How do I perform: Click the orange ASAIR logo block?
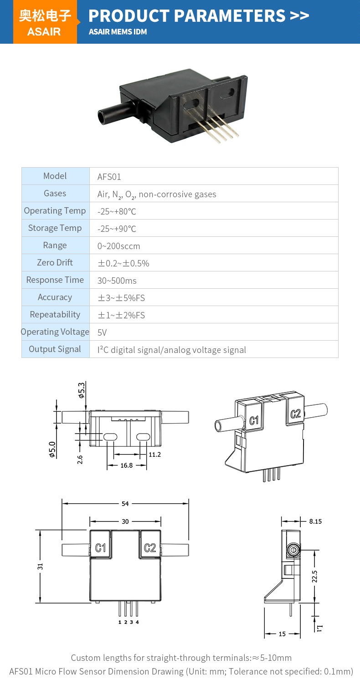tap(45, 22)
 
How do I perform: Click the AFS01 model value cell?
tap(109, 177)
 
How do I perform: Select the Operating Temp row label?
tap(55, 211)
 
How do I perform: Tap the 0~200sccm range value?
tap(119, 246)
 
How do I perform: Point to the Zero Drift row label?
tap(55, 263)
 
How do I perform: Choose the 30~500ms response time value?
tap(117, 281)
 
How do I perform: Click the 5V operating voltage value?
tap(102, 332)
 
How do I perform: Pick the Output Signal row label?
tap(55, 349)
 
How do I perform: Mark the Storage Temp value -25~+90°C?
tap(117, 229)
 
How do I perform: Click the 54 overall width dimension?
tap(125, 503)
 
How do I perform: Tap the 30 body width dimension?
tap(125, 521)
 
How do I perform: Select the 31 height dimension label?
tap(40, 566)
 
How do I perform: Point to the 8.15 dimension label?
tap(315, 521)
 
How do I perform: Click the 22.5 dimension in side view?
tap(314, 576)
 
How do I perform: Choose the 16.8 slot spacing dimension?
tap(127, 465)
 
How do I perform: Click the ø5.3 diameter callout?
tap(82, 390)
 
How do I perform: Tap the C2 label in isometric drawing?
tap(296, 414)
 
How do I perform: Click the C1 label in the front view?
tap(101, 548)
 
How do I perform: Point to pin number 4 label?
tap(137, 622)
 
